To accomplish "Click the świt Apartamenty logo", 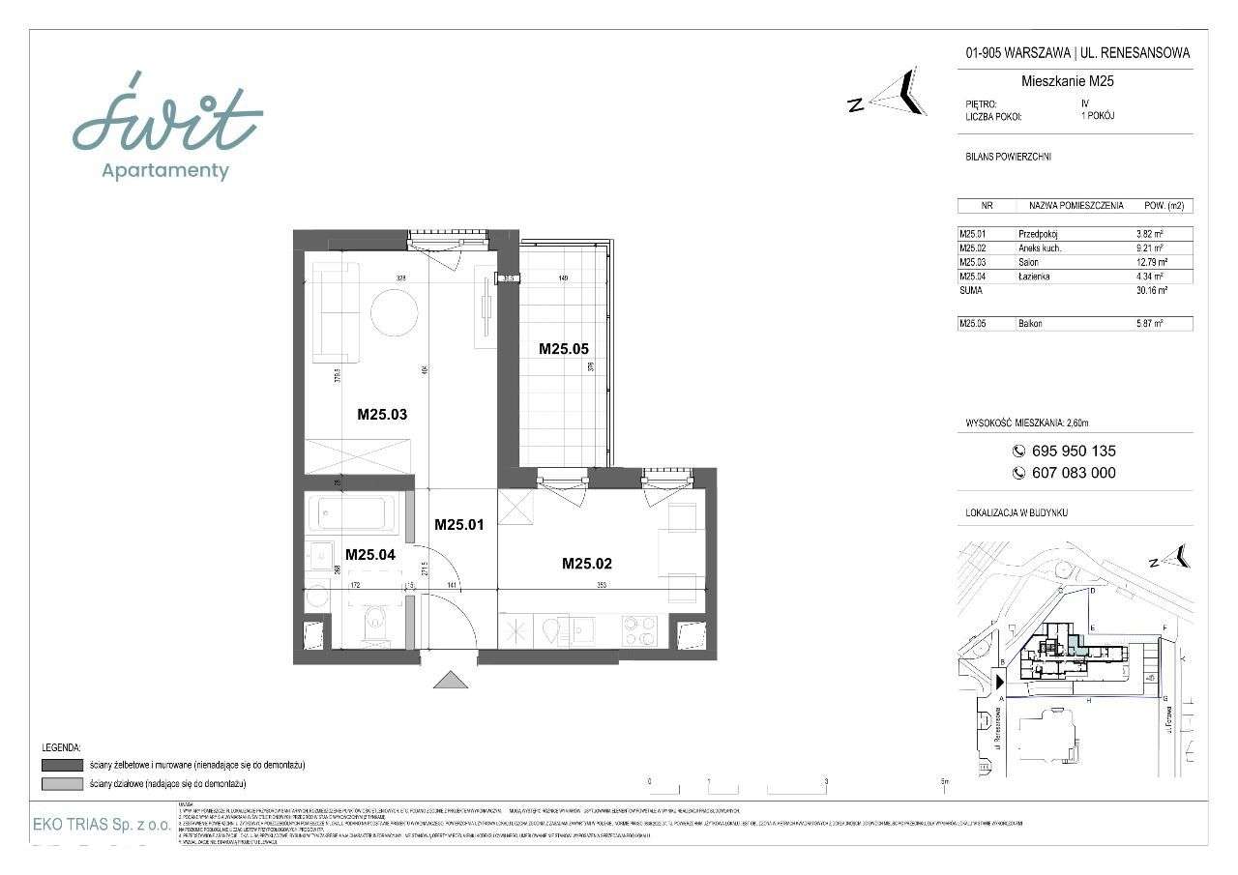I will click(167, 126).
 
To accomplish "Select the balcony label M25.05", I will click(564, 349).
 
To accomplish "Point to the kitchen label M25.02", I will click(587, 564).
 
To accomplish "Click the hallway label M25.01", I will click(459, 525).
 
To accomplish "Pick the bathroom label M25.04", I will click(370, 554).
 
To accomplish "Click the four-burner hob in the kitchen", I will click(639, 630).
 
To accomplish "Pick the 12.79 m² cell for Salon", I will click(1150, 262).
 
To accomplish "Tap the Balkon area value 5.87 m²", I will click(1150, 324).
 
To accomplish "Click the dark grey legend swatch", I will click(61, 765).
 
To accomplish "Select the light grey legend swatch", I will click(61, 783).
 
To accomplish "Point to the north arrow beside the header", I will click(904, 92).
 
